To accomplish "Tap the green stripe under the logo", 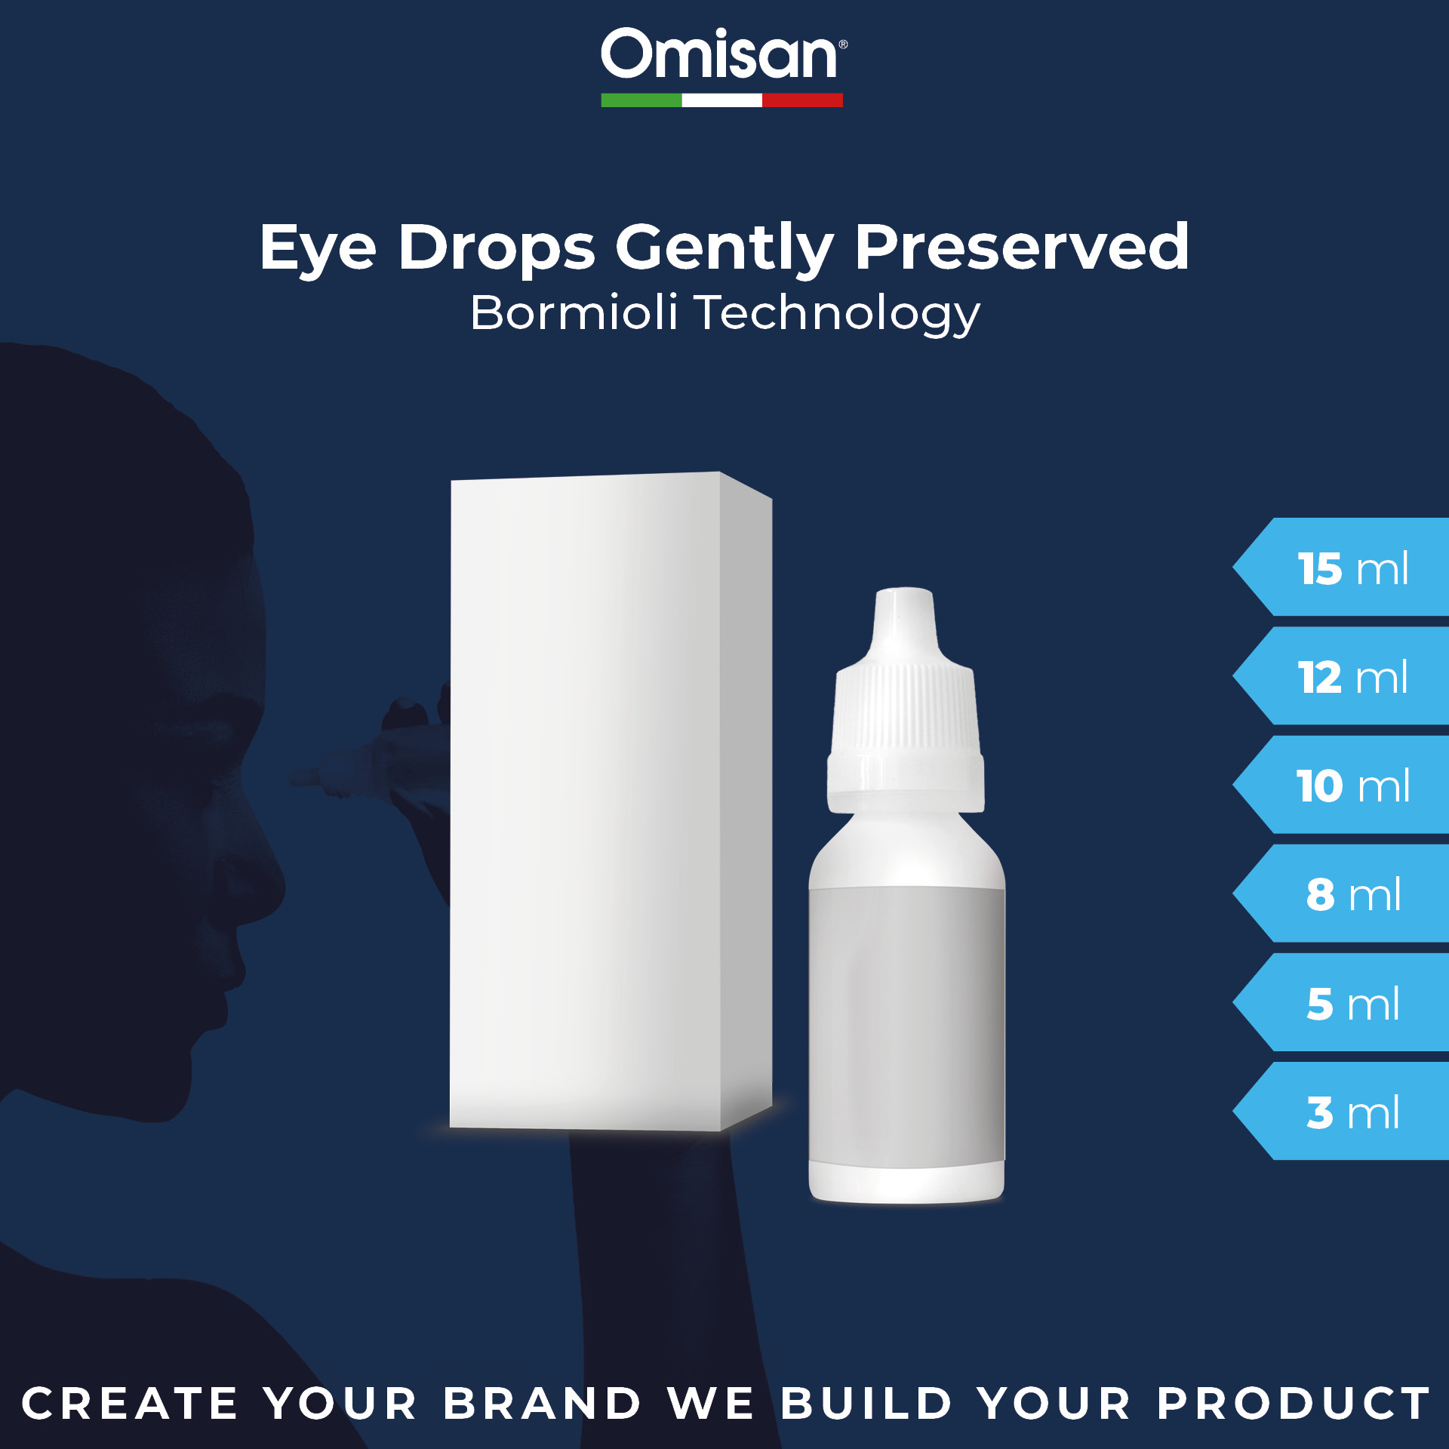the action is tap(641, 100).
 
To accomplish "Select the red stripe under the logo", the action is tap(802, 100).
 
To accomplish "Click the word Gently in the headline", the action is tap(724, 248).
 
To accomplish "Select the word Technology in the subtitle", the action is tap(838, 314).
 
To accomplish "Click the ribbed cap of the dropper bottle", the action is tap(906, 702).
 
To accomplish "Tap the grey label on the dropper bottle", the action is tap(906, 1026).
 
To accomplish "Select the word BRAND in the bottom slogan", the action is tap(542, 1404).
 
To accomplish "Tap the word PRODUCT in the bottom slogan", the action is tap(1294, 1404).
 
